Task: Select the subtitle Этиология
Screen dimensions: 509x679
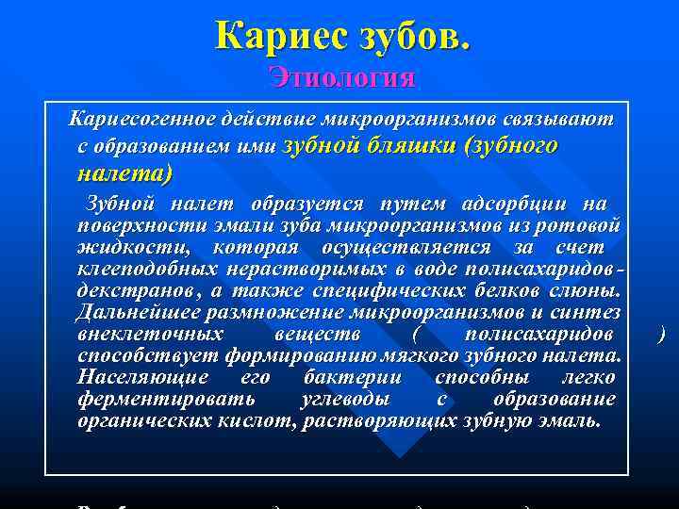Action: click(x=341, y=76)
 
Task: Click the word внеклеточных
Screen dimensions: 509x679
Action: click(x=151, y=334)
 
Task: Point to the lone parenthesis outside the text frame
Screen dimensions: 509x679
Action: click(x=662, y=334)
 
